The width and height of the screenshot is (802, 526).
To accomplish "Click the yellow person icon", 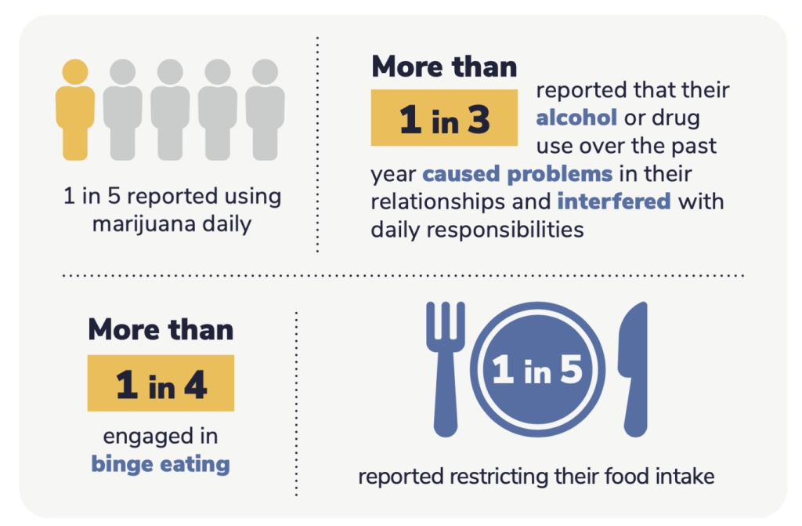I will click(75, 110).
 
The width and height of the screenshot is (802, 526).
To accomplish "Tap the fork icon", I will click(445, 368).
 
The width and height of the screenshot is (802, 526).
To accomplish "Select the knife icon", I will click(633, 368).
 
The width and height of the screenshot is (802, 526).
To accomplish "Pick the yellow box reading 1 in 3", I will click(444, 118).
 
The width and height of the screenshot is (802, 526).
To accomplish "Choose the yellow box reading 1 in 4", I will click(161, 383).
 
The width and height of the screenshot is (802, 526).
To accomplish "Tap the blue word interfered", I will click(614, 201).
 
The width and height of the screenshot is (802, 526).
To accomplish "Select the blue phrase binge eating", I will click(161, 463).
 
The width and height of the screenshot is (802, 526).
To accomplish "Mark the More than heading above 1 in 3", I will click(444, 67).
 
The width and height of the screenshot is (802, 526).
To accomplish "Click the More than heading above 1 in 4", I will click(161, 329).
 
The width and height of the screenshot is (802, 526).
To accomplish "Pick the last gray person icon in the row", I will click(266, 110).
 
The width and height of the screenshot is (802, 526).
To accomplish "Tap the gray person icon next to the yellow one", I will click(123, 110).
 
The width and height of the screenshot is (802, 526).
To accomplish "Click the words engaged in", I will click(161, 436).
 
